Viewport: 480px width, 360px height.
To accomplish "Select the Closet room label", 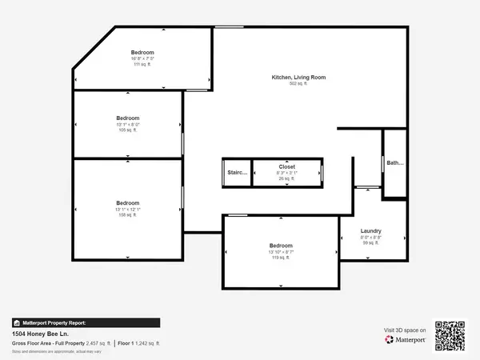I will click(x=287, y=166).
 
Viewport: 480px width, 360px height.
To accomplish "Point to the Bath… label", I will click(x=395, y=163).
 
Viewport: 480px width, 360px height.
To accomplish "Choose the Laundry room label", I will click(x=370, y=230).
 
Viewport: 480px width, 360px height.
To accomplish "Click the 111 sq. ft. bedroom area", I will click(x=142, y=65).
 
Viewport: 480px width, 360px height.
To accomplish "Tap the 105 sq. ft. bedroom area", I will click(x=127, y=130).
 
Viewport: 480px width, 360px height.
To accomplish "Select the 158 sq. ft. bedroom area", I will click(x=127, y=215).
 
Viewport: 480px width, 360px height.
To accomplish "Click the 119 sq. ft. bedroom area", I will click(x=281, y=258).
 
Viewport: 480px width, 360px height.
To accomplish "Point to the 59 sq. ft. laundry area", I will click(x=370, y=243).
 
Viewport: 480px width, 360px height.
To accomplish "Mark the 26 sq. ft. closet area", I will click(x=287, y=178).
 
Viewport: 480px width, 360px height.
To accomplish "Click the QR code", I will click(x=449, y=335).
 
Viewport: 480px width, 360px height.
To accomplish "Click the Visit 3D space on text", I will click(x=405, y=330).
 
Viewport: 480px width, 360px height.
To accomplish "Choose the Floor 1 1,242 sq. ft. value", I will click(x=139, y=342).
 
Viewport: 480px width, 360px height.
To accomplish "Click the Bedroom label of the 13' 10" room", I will click(x=281, y=245).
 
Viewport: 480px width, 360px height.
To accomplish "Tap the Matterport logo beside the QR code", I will click(x=405, y=340).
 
